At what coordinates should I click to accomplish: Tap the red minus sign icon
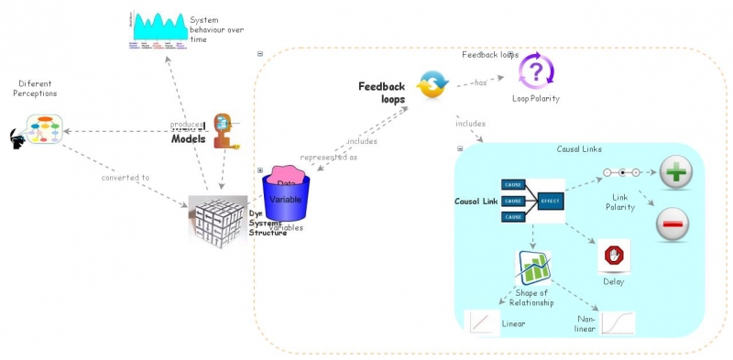673,224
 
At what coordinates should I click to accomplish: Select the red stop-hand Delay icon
613,255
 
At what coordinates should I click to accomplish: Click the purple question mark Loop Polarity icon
536,71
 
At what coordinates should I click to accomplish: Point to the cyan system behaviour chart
158,27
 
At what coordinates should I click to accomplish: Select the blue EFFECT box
550,200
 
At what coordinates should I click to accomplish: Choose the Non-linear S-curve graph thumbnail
618,323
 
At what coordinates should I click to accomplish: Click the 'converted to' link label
126,178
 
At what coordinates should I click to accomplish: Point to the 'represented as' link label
328,157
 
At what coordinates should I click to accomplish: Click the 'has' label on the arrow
480,83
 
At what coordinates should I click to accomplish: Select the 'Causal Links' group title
579,148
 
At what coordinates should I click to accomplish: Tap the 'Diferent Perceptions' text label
37,88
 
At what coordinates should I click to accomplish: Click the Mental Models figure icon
223,131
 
